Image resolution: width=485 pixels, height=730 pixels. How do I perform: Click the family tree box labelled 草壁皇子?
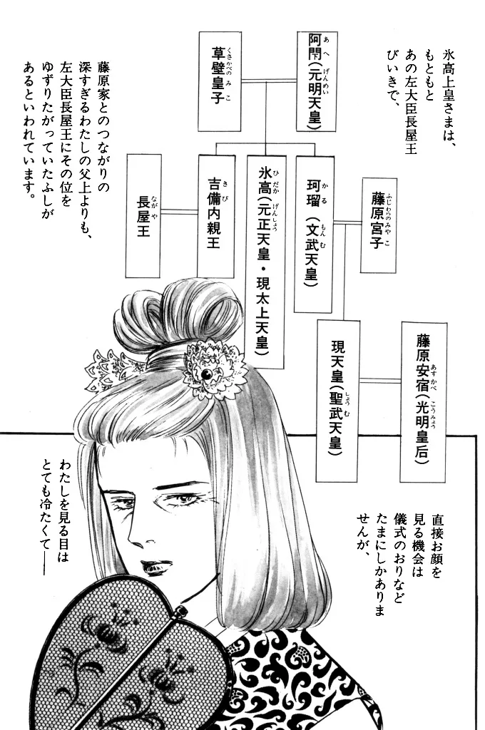pos(220,81)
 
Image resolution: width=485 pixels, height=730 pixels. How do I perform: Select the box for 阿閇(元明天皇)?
pos(317,81)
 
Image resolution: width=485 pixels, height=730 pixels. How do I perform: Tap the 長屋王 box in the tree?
pos(143,216)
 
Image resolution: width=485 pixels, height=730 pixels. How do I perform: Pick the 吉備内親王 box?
pos(215,216)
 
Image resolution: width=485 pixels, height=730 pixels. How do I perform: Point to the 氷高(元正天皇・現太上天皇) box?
pos(265,261)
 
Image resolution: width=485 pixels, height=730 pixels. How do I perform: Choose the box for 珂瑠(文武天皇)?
pos(314,234)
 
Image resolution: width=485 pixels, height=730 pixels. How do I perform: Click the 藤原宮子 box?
pos(378,225)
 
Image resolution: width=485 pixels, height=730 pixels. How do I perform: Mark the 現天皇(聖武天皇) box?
pos(338,401)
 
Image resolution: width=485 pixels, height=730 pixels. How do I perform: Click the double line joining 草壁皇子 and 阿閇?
pos(269,81)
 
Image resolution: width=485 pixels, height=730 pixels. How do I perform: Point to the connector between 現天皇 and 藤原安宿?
pos(379,381)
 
